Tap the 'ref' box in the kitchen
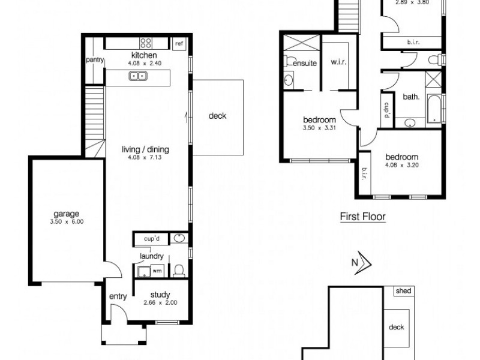179,44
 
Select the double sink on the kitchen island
139,76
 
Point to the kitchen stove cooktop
146,43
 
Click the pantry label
95,59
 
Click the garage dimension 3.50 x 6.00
67,221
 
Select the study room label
161,295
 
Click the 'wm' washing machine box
157,271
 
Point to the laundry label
151,257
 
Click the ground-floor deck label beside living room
217,116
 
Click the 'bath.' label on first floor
410,97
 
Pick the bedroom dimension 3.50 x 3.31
318,128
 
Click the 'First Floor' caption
362,217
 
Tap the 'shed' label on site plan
403,291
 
